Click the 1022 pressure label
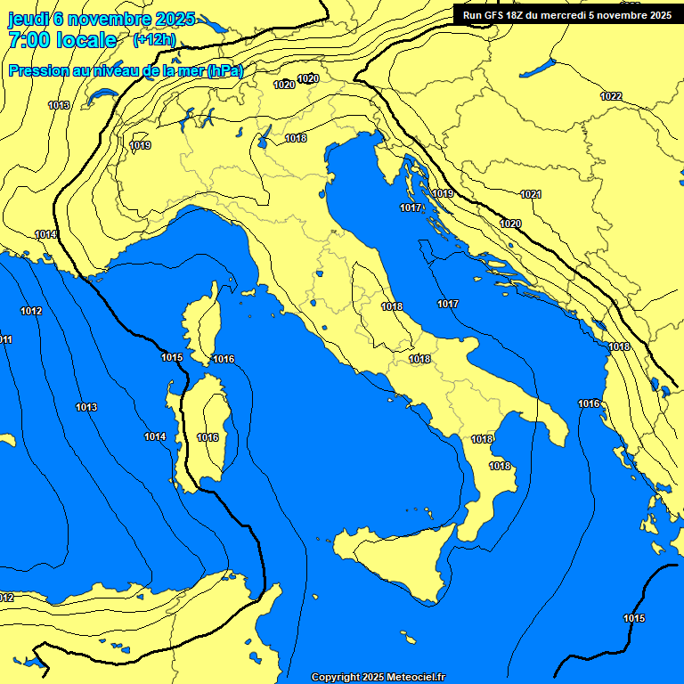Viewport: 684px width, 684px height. (611, 96)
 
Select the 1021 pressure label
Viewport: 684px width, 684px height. (531, 194)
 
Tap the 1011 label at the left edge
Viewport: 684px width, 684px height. (5, 340)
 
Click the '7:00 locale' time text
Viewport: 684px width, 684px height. (62, 40)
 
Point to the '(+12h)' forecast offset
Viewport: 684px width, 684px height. (154, 39)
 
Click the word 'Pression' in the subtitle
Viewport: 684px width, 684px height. (37, 71)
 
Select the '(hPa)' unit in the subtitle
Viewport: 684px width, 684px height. (224, 71)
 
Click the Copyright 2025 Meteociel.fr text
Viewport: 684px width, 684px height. (378, 677)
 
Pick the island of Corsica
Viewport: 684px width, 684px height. (201, 321)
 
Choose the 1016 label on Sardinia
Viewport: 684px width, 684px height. (208, 437)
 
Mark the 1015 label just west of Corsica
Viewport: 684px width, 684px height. (172, 357)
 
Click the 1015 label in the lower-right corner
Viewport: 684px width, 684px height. (634, 618)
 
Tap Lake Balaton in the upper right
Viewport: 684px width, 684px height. (538, 69)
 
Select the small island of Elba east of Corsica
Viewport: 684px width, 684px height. (249, 291)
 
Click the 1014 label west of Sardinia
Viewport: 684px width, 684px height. (155, 436)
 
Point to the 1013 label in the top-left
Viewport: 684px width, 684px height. (59, 105)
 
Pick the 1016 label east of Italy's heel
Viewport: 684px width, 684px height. (589, 403)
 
